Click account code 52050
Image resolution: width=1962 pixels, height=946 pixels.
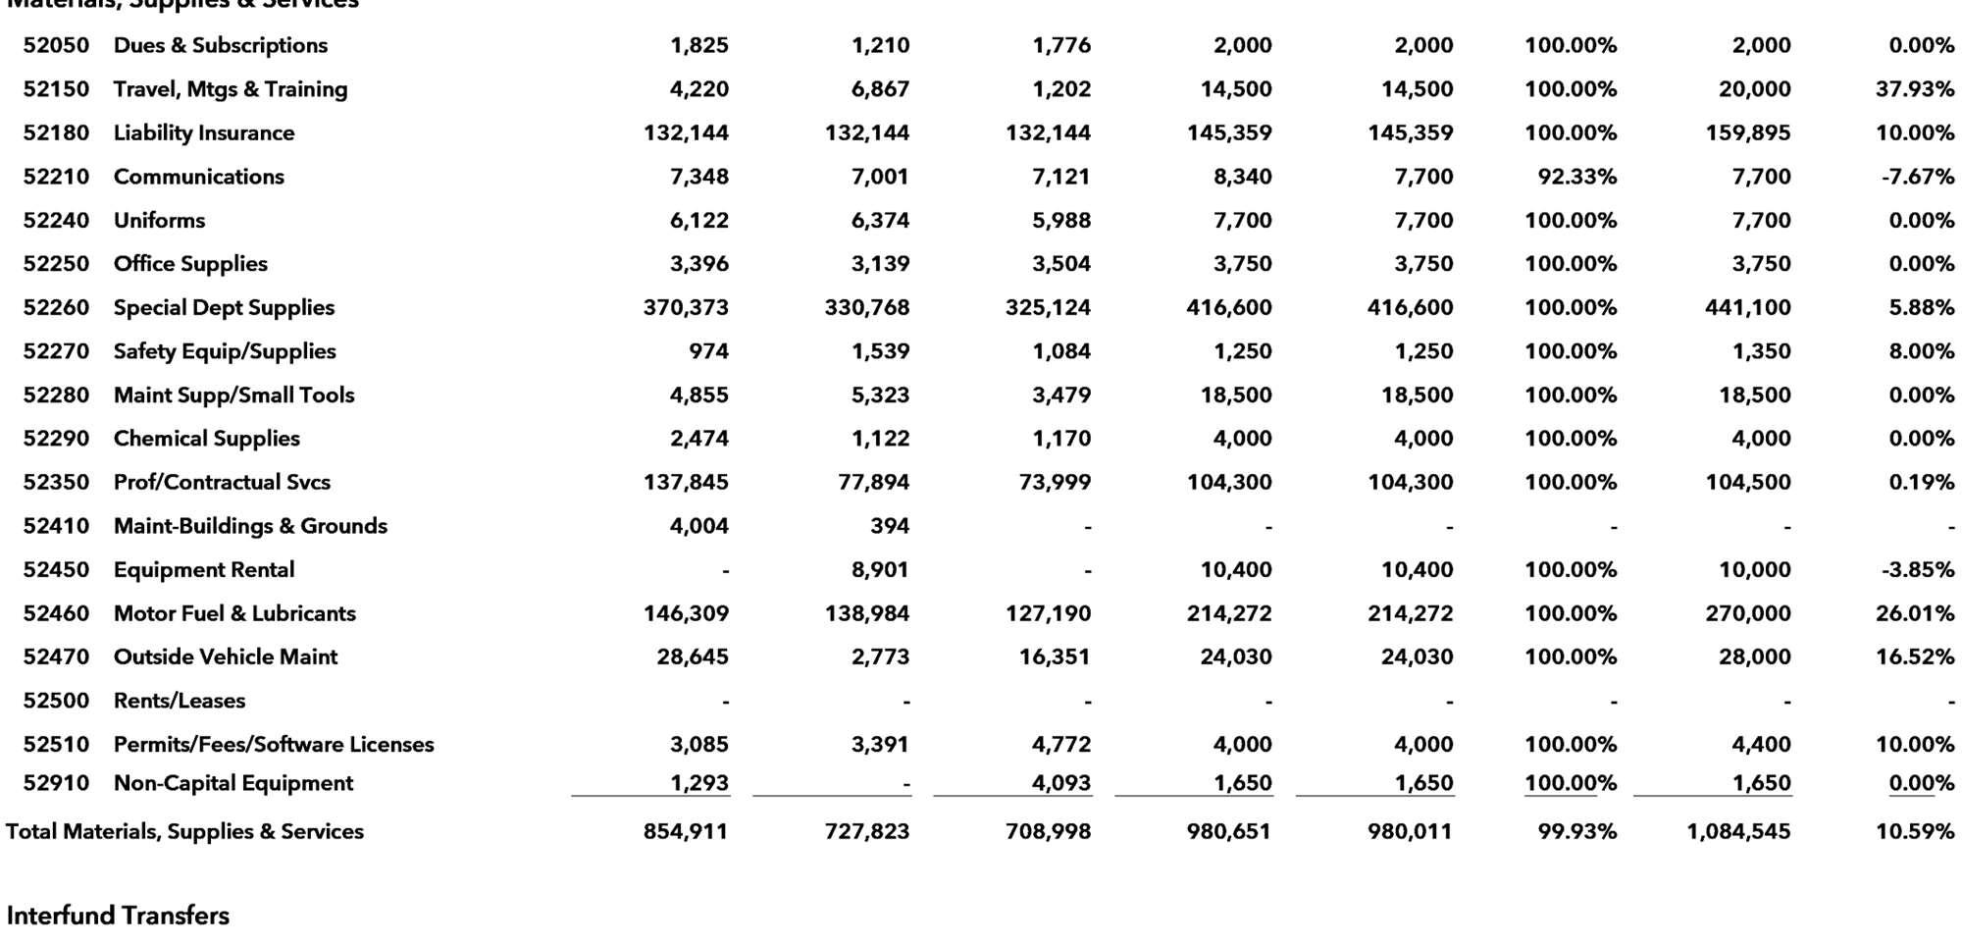point(56,45)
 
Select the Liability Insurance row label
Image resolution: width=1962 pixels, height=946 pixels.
point(204,132)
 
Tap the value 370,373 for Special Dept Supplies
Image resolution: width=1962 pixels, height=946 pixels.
point(686,307)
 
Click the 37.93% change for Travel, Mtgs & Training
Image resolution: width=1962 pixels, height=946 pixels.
point(1914,89)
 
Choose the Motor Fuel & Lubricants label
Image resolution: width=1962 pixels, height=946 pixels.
point(234,613)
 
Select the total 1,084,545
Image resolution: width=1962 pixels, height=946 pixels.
point(1737,831)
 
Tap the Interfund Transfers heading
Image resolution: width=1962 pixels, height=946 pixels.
point(118,916)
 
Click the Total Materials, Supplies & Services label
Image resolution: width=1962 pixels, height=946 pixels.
point(184,831)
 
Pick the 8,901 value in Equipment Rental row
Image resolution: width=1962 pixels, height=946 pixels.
point(880,569)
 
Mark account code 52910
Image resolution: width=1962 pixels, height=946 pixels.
point(56,783)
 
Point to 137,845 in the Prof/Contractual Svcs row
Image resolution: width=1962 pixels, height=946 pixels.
point(686,482)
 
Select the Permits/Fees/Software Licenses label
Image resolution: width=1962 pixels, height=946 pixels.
point(274,744)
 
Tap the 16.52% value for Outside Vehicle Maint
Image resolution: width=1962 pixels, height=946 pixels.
point(1914,657)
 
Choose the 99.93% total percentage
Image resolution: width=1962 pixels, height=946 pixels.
point(1576,831)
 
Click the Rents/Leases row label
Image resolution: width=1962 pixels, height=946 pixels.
point(180,701)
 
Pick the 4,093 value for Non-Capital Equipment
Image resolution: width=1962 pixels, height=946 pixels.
point(1061,783)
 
